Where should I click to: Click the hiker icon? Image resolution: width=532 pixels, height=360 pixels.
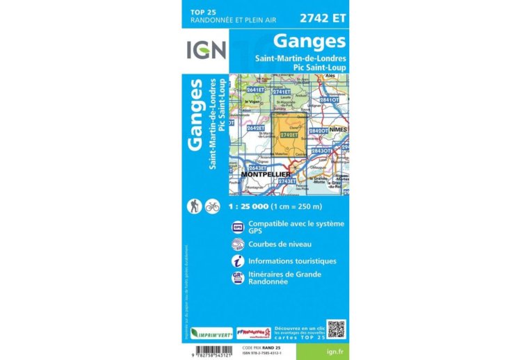pyautogui.click(x=195, y=206)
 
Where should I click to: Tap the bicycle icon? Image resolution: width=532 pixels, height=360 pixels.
pyautogui.click(x=213, y=206)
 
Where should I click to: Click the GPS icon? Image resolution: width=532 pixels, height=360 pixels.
pyautogui.click(x=237, y=227)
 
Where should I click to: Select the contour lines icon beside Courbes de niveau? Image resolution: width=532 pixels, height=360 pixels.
pyautogui.click(x=237, y=244)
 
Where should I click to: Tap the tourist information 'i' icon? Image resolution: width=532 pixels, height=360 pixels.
pyautogui.click(x=237, y=261)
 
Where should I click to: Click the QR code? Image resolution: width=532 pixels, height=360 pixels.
pyautogui.click(x=336, y=329)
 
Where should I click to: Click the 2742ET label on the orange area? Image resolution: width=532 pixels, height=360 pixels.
pyautogui.click(x=298, y=135)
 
